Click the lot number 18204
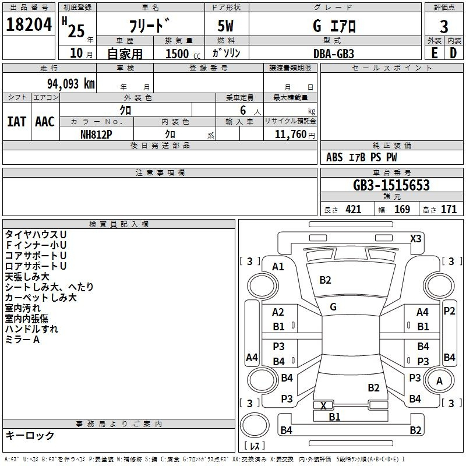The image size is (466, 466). [29, 24]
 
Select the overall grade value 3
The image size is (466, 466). [444, 26]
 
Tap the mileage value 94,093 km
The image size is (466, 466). [70, 84]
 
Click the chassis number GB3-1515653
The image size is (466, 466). [391, 185]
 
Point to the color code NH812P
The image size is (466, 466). [96, 135]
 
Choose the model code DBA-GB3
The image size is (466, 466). [333, 54]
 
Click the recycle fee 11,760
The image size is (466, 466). [290, 134]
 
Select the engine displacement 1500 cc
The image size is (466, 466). [183, 54]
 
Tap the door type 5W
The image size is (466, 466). [225, 26]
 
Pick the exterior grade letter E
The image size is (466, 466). [434, 53]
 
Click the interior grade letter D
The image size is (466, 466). [453, 53]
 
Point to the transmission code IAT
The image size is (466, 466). [16, 122]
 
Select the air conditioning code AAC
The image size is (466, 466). [45, 122]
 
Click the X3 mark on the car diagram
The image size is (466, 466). [415, 239]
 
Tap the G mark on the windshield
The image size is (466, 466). [333, 307]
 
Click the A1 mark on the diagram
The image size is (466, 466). [278, 267]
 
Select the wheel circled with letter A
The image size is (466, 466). [439, 380]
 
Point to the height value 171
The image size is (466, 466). [449, 209]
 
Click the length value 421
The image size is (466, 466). [354, 209]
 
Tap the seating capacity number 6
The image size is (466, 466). [243, 110]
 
